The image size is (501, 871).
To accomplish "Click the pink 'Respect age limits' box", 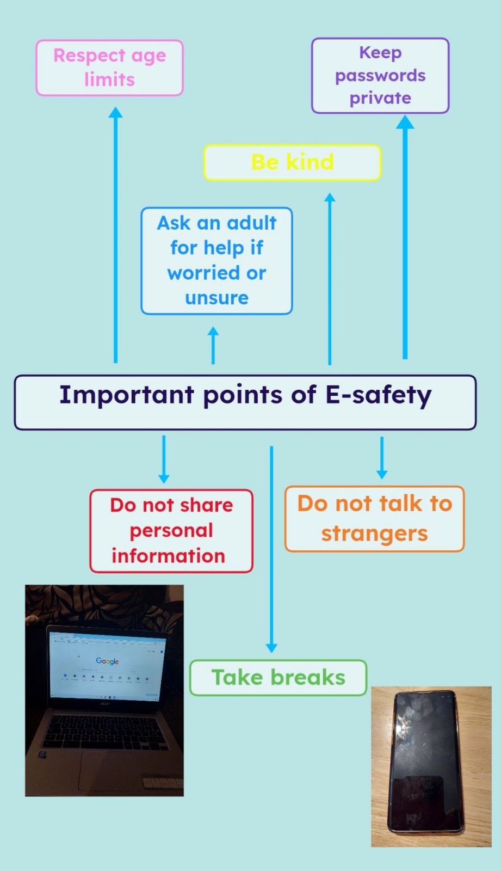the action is click(109, 68).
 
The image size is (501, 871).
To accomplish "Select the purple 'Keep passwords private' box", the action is click(380, 76).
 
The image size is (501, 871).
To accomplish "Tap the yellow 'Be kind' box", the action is click(292, 163).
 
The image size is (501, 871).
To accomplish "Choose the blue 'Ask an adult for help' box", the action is click(217, 261).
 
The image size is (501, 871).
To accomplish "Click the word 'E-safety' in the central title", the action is click(378, 395).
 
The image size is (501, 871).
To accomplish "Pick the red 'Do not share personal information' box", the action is click(171, 531).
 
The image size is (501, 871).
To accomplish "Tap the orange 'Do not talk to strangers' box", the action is click(375, 518).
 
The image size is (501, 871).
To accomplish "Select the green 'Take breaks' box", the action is click(279, 678).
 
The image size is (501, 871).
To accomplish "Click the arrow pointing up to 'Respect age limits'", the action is click(115, 235).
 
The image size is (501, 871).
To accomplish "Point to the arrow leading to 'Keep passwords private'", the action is click(405, 237).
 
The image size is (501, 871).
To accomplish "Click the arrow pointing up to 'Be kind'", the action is click(330, 279).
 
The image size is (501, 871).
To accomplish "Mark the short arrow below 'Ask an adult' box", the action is click(213, 345).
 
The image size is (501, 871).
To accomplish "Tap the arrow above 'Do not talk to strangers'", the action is click(382, 458).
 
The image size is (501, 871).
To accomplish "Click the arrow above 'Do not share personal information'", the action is click(164, 459).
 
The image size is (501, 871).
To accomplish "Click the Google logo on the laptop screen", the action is click(107, 661).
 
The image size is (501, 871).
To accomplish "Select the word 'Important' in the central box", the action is click(127, 395).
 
